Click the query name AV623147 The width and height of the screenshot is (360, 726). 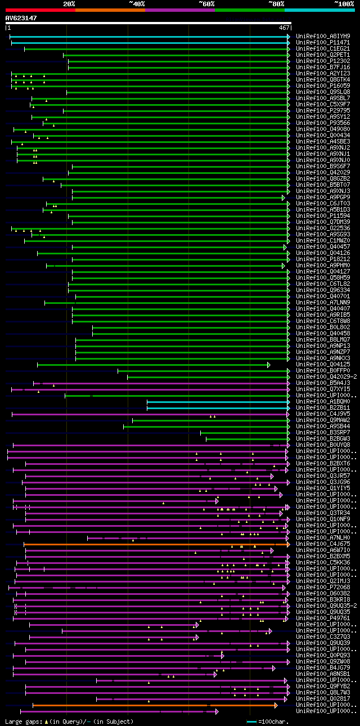[21, 19]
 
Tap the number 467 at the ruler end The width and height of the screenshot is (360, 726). [284, 28]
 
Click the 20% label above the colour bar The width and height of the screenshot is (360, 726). [69, 3]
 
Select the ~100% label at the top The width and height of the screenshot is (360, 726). [343, 3]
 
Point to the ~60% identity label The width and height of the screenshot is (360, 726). [206, 3]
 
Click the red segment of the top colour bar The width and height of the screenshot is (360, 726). [40, 10]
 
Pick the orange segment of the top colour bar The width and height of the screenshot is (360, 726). [110, 10]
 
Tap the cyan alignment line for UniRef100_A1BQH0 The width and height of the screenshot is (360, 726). [217, 402]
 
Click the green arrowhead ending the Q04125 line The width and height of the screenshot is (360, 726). [269, 365]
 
